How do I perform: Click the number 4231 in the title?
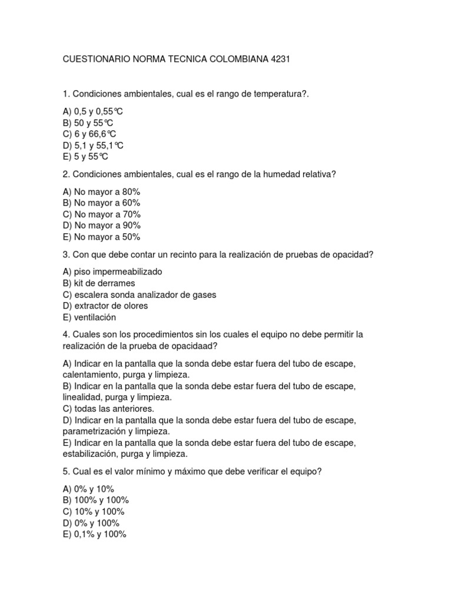pos(280,59)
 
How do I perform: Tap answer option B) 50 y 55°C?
pos(88,123)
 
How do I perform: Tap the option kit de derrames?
pos(98,283)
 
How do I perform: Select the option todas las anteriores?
pos(108,409)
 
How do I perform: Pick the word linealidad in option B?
pos(82,397)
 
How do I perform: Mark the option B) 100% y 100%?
pos(92,501)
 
